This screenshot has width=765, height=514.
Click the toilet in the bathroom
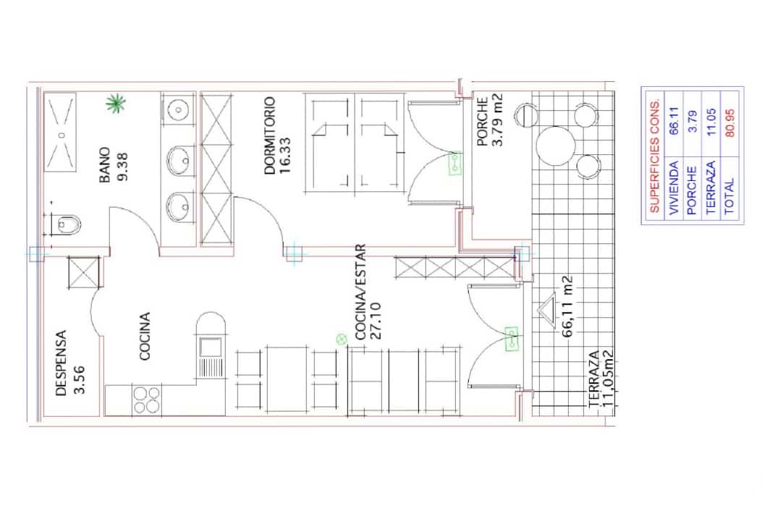coord(67,224)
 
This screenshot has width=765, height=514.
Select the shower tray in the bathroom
coord(62,135)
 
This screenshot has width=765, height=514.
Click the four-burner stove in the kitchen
coord(146,400)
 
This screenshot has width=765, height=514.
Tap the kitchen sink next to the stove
coord(211,357)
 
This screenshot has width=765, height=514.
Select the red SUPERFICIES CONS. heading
coord(654,156)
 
